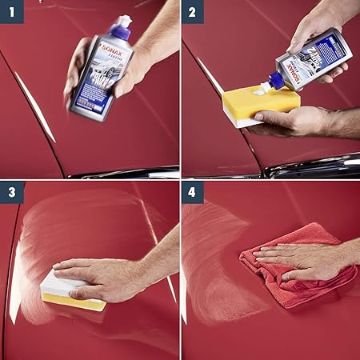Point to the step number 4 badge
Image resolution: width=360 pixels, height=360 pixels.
(x=191, y=192)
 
